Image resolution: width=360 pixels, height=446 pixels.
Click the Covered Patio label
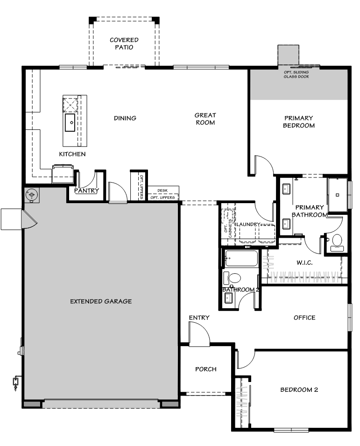click(x=124, y=43)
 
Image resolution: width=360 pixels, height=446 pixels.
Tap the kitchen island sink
click(x=70, y=122)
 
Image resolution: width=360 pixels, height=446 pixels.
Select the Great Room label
click(x=205, y=119)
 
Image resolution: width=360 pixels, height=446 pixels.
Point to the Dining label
click(x=125, y=118)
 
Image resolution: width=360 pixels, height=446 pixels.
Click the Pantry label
click(x=87, y=190)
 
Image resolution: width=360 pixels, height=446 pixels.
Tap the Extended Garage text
click(x=101, y=301)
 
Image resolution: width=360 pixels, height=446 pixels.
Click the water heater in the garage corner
click(x=32, y=195)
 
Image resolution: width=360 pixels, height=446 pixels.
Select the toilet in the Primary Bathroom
click(x=337, y=243)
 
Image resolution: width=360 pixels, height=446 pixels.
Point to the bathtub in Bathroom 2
click(x=241, y=258)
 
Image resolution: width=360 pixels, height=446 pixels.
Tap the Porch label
click(x=206, y=369)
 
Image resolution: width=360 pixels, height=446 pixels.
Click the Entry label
click(x=199, y=318)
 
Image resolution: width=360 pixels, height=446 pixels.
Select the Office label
click(x=304, y=318)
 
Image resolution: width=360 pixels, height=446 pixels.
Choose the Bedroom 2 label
click(x=299, y=389)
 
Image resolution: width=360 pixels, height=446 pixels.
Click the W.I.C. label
click(x=304, y=262)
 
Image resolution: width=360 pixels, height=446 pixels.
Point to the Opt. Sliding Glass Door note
click(x=296, y=75)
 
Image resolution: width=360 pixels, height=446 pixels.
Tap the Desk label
click(x=162, y=190)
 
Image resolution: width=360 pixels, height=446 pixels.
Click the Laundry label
click(x=248, y=224)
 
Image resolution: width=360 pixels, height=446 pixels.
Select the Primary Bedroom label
click(x=299, y=122)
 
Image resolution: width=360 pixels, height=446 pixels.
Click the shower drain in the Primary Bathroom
click(x=337, y=195)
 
